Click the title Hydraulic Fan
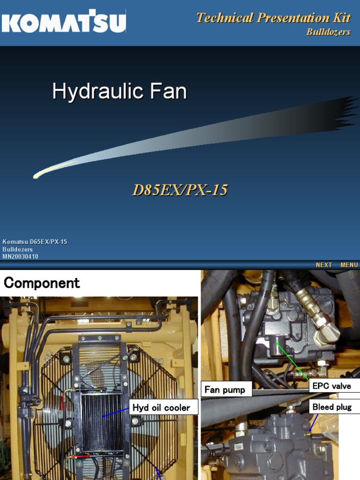[x=120, y=91]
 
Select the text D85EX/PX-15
[x=180, y=190]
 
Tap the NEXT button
[x=324, y=265]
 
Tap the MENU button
[x=349, y=265]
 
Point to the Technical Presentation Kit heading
[x=273, y=18]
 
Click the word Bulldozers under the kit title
[x=328, y=32]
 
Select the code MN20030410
[x=21, y=256]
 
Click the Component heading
[x=42, y=283]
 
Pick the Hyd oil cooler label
[x=161, y=407]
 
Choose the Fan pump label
[x=225, y=390]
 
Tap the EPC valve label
[x=331, y=386]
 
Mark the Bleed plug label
[x=332, y=407]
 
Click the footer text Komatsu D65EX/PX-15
[x=35, y=242]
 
